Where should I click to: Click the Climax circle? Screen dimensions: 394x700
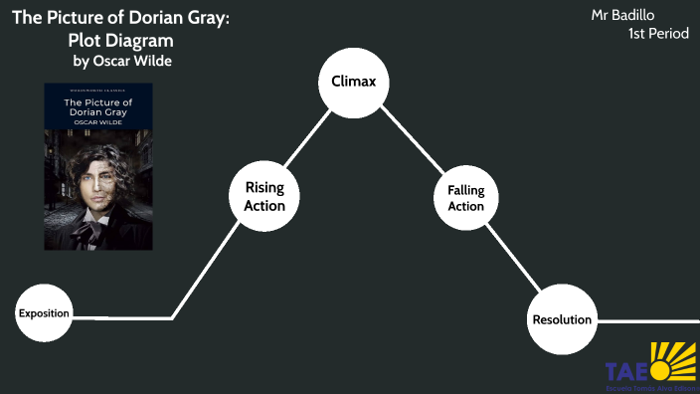click(x=352, y=82)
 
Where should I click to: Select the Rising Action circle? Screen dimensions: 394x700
click(x=264, y=196)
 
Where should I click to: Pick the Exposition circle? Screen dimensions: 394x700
click(x=44, y=313)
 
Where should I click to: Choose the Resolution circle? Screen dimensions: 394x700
click(x=562, y=319)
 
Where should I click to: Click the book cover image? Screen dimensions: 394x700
click(x=98, y=166)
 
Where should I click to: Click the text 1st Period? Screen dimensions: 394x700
click(x=657, y=35)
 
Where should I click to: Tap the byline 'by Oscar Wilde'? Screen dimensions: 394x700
click(x=128, y=62)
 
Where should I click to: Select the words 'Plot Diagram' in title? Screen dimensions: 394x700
click(x=120, y=41)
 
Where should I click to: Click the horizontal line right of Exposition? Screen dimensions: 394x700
click(x=124, y=318)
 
